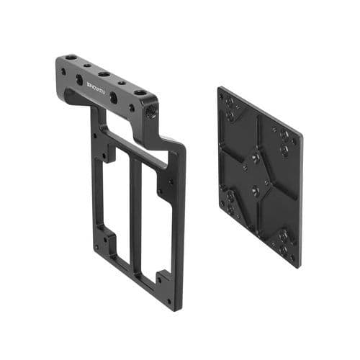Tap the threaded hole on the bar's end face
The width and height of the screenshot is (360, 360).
point(150,112)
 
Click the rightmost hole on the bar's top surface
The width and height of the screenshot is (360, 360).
point(138,92)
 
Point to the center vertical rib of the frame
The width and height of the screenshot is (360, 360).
point(135,216)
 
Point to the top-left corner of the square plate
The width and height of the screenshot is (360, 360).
point(222,90)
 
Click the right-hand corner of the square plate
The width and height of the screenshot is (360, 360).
point(301,137)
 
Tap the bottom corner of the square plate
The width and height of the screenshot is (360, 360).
point(297,265)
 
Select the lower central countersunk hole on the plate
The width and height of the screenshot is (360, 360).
point(255,191)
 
